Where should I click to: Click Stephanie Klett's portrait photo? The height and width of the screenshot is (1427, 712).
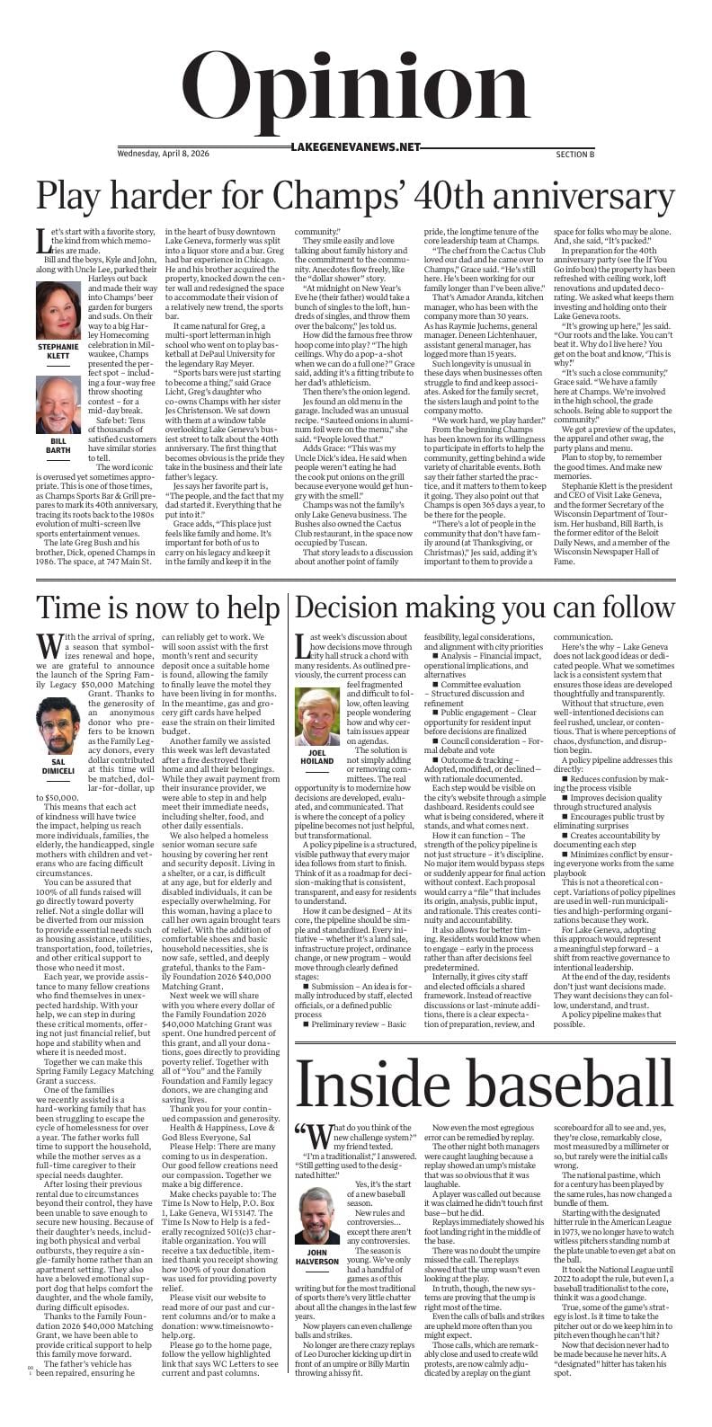[58, 311]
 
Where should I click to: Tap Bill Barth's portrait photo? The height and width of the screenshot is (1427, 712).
[58, 404]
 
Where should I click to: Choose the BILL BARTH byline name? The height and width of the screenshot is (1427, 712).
[58, 445]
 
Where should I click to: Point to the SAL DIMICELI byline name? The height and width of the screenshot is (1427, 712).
[58, 772]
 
